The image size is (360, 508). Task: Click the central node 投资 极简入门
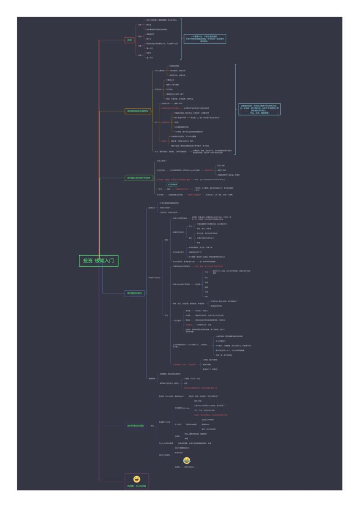tap(99, 261)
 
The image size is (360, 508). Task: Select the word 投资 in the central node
tap(87, 261)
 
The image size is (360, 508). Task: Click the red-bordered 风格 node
tap(130, 40)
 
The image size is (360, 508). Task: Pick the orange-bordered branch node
tap(137, 111)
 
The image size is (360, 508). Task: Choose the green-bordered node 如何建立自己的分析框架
tap(139, 178)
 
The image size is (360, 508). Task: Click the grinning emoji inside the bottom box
tap(137, 480)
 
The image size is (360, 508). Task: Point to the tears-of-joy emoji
tap(186, 460)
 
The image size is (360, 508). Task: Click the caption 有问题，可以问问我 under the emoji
tap(136, 487)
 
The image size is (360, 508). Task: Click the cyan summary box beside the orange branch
tap(260, 109)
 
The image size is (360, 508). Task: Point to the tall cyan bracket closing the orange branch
tap(235, 109)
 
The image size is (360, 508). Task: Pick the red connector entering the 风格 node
tap(112, 40)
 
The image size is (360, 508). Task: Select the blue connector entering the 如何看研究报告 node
tap(112, 293)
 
